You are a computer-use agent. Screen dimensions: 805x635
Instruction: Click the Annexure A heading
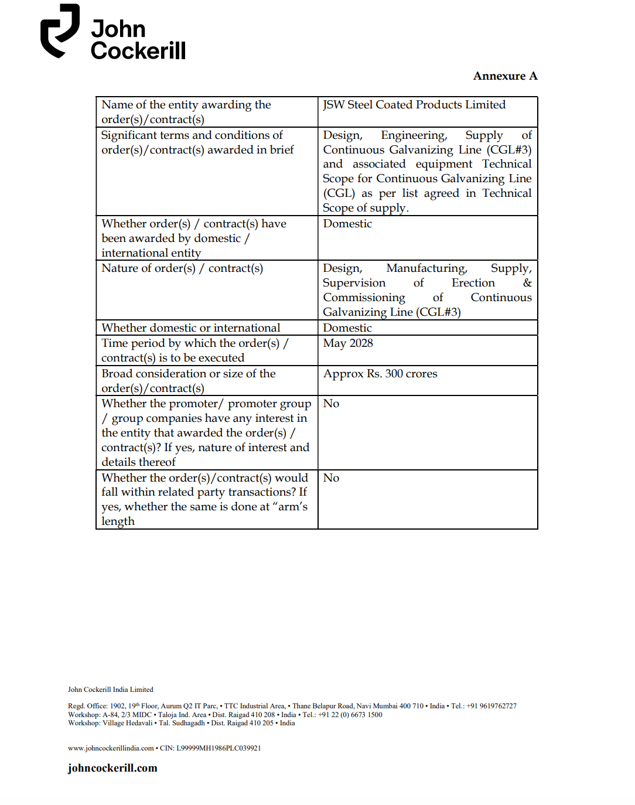(x=505, y=76)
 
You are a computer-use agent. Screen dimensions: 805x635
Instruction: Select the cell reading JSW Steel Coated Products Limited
(x=414, y=105)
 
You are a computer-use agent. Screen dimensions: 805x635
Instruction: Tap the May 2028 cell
(x=348, y=343)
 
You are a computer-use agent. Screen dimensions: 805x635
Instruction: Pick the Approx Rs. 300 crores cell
(x=380, y=374)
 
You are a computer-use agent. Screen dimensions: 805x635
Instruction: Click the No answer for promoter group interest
(x=332, y=404)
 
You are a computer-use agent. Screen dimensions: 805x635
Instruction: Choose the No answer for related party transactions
(x=332, y=478)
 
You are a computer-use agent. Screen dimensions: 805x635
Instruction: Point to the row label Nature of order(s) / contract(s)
(x=182, y=268)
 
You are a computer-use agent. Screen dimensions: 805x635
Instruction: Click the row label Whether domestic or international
(x=190, y=328)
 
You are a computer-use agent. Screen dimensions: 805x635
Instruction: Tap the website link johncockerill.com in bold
(x=112, y=768)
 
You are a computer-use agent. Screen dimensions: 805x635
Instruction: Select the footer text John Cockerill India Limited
(x=110, y=690)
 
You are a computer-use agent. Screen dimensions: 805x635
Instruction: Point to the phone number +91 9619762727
(x=491, y=706)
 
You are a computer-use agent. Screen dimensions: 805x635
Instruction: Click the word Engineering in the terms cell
(x=414, y=135)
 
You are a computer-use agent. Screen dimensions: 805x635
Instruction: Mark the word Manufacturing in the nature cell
(x=426, y=268)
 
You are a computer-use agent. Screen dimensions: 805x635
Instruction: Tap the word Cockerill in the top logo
(x=138, y=51)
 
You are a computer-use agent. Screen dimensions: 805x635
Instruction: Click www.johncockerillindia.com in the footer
(x=111, y=748)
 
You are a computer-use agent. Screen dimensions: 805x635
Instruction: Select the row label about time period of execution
(x=194, y=350)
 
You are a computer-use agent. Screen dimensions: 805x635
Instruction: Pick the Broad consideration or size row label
(x=188, y=381)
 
